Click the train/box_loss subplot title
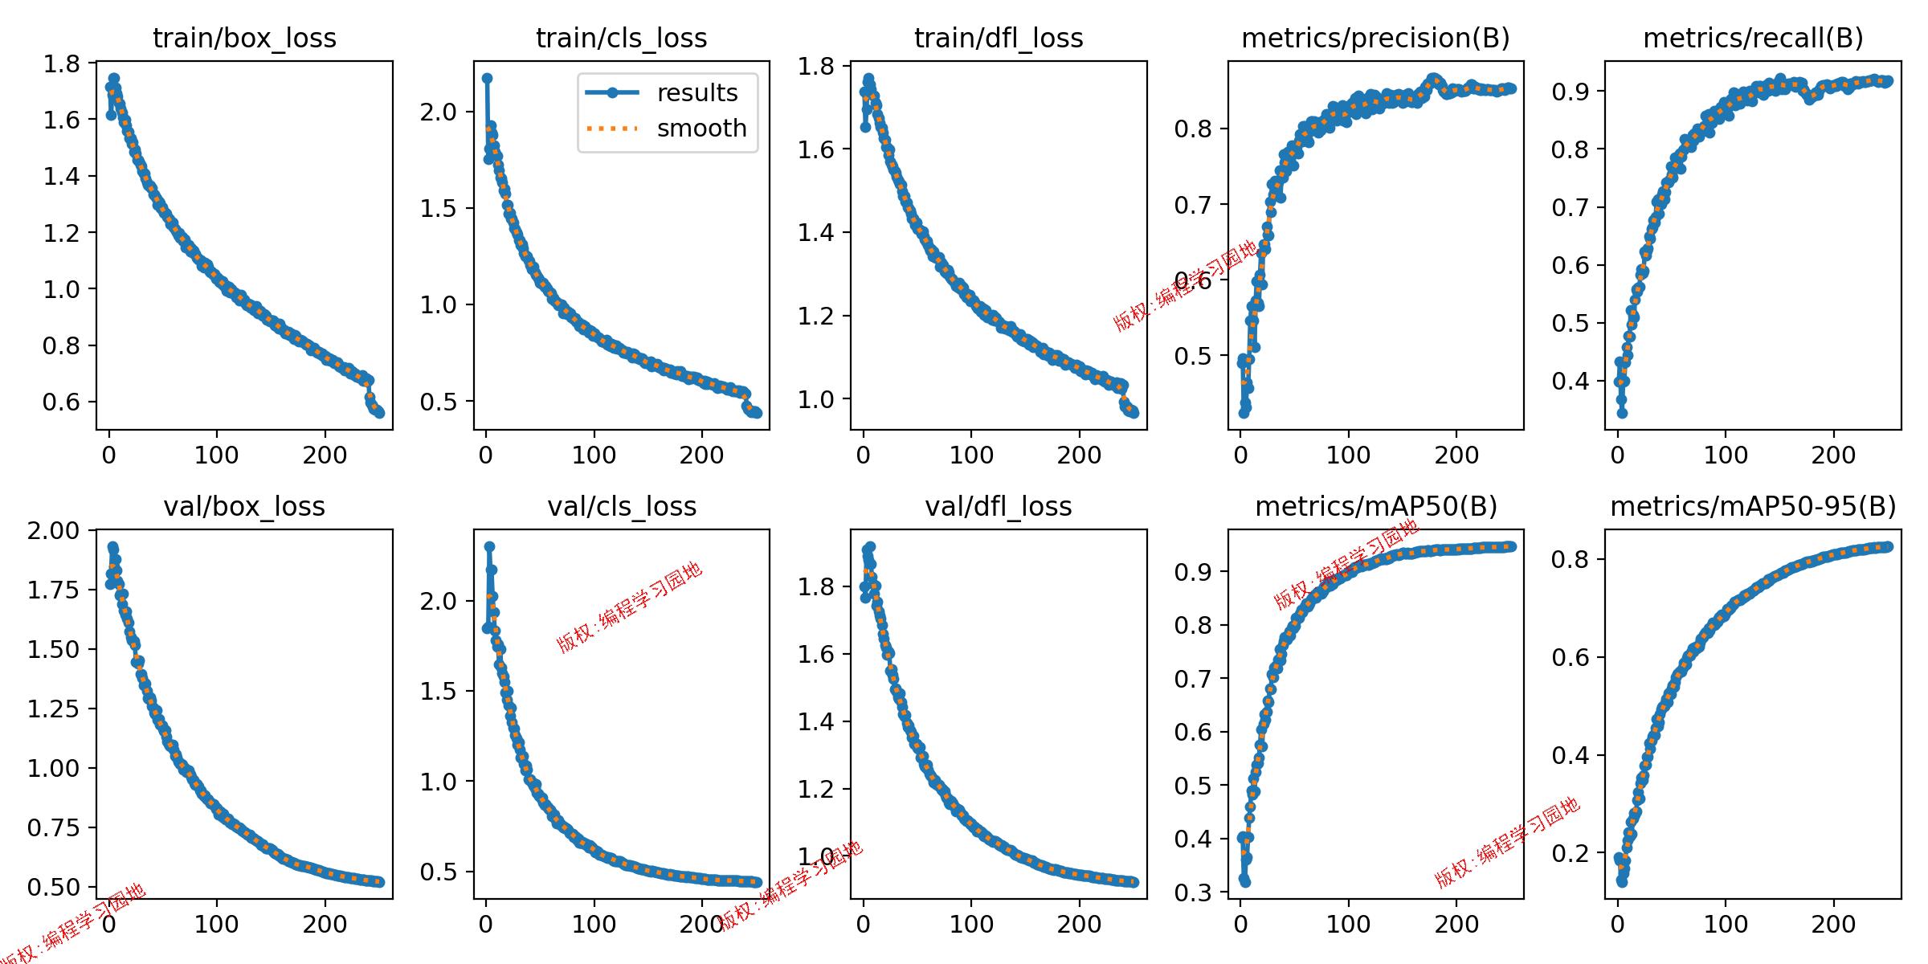244,38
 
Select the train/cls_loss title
621,38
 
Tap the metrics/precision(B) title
1375,38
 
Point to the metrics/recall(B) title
1753,38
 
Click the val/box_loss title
244,506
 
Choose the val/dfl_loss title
999,506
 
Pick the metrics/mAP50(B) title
1376,506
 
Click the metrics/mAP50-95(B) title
1753,506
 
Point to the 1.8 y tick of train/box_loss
62,64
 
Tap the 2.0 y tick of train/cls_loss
439,112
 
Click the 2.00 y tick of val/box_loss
54,531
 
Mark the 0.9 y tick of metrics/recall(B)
1571,92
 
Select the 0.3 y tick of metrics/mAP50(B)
1193,893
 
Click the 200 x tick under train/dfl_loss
1079,455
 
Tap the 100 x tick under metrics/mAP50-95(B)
1726,924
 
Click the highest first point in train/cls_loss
487,79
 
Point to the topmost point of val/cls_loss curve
489,547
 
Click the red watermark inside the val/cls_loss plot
630,607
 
